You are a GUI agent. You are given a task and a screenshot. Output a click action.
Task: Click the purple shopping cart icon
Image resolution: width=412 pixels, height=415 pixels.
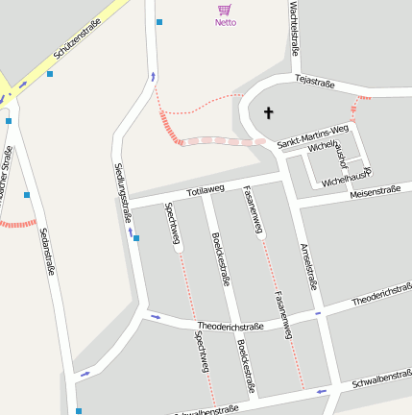pyautogui.click(x=225, y=10)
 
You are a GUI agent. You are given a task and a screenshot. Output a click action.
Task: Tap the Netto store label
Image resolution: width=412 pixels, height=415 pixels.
pyautogui.click(x=225, y=22)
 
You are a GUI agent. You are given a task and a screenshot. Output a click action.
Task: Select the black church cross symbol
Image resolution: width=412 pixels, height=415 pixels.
pyautogui.click(x=268, y=113)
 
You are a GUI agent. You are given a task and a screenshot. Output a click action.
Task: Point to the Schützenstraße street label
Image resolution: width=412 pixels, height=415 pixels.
pyautogui.click(x=77, y=48)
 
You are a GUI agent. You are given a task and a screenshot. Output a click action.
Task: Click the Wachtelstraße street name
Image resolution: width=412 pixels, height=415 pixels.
pyautogui.click(x=294, y=28)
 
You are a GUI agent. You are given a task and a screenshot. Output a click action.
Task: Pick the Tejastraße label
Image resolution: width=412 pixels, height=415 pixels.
pyautogui.click(x=314, y=83)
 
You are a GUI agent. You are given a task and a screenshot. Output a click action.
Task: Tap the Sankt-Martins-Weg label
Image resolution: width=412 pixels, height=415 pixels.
pyautogui.click(x=312, y=136)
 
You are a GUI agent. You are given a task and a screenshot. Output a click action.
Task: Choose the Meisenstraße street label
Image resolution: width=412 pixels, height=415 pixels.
pyautogui.click(x=374, y=192)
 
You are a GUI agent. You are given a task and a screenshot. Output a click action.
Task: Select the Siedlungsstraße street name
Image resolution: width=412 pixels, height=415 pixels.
pyautogui.click(x=122, y=193)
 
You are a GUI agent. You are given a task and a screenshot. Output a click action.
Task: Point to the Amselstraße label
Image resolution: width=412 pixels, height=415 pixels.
pyautogui.click(x=308, y=265)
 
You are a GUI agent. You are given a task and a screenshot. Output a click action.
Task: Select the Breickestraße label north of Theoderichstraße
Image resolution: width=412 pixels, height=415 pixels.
pyautogui.click(x=221, y=259)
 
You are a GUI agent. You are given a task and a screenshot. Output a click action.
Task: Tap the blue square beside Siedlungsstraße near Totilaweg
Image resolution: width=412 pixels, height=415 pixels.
pyautogui.click(x=136, y=238)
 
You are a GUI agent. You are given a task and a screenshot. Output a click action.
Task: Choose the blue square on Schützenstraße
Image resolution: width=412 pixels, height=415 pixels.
pyautogui.click(x=50, y=73)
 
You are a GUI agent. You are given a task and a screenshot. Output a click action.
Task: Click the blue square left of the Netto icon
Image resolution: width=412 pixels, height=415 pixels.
pyautogui.click(x=159, y=21)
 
